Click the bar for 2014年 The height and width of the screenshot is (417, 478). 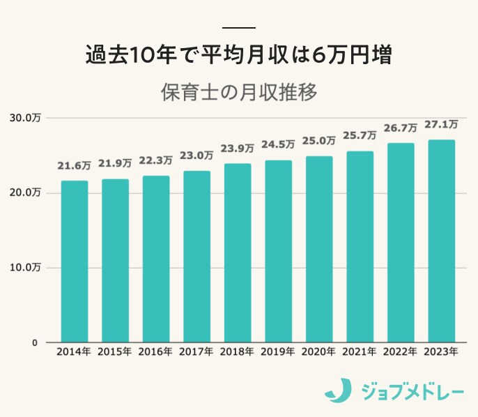[75, 261]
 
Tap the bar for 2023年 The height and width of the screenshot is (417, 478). [442, 241]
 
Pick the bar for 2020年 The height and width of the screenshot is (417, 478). [319, 249]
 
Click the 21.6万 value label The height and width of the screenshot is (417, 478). [74, 166]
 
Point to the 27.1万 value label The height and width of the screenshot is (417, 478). [441, 125]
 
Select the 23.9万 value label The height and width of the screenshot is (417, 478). [238, 149]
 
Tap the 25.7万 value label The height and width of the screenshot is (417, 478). [360, 135]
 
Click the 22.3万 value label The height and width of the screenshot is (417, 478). [156, 160]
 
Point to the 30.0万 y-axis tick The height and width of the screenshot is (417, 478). [25, 117]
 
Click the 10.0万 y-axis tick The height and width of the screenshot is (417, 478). [25, 267]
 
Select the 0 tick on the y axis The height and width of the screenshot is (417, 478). [33, 342]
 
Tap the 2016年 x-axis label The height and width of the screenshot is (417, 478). [156, 353]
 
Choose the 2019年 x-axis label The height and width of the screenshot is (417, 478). [278, 353]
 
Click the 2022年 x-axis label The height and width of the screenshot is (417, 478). [401, 353]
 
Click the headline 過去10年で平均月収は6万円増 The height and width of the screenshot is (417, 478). [239, 55]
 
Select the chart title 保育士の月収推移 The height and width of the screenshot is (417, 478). [239, 92]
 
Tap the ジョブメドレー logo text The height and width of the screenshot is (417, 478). [412, 391]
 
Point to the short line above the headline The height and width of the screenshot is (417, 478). [239, 28]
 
